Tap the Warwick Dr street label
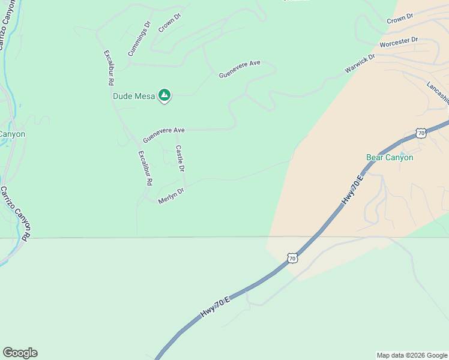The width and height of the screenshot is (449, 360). [360, 64]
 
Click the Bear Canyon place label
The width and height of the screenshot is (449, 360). [390, 157]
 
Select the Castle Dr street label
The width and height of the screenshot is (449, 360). [179, 158]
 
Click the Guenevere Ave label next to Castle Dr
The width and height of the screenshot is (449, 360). [163, 134]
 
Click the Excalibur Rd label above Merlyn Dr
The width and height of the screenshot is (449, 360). [145, 167]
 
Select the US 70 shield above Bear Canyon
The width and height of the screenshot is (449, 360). [421, 133]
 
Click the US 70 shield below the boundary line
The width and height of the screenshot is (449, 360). [292, 258]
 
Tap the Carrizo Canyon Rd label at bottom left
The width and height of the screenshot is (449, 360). [15, 213]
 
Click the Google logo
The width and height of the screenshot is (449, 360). [20, 353]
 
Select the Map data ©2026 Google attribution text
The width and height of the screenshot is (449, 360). [412, 355]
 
